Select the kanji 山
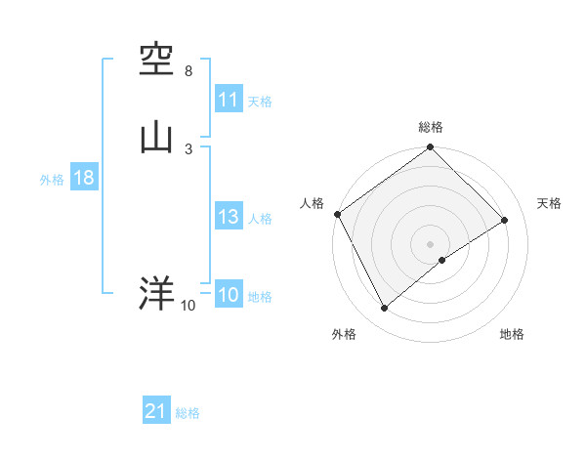coord(156,136)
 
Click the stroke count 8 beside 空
coord(188,72)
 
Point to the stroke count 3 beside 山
coord(188,148)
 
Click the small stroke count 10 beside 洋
coord(188,306)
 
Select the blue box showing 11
coord(228,100)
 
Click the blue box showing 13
coord(228,218)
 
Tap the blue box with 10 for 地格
coord(228,296)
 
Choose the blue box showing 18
coord(83,179)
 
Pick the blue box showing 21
coord(155,412)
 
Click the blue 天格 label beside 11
coord(260,102)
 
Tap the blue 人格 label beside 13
coord(260,219)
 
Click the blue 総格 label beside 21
coord(188,413)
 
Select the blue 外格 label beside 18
coord(51,180)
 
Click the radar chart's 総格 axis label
coord(431,127)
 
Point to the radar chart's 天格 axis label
coord(549,203)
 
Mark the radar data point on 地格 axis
coord(442,260)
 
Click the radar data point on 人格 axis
coord(337,214)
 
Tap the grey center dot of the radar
coord(431,243)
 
